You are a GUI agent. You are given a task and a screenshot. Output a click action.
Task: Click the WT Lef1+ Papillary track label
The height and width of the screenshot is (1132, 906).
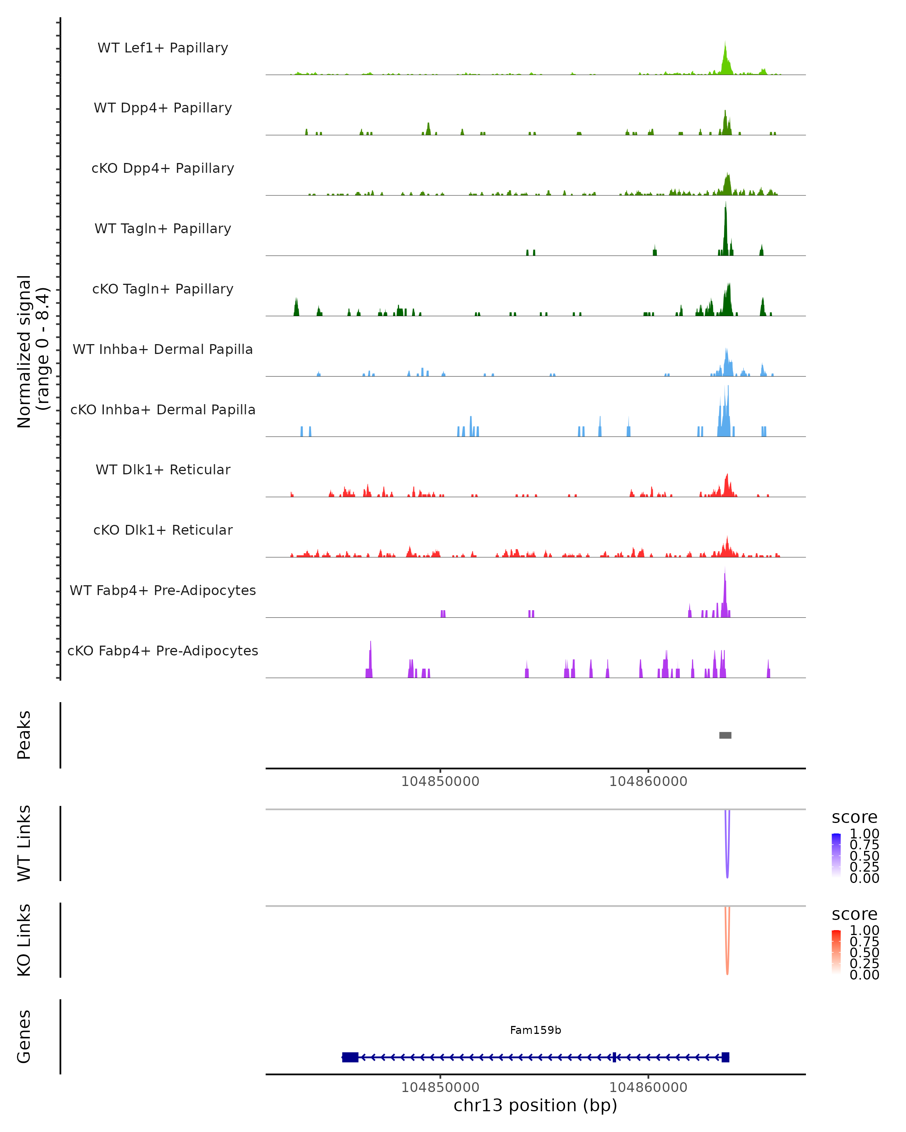163,48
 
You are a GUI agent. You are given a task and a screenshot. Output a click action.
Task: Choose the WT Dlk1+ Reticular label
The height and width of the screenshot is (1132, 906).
163,469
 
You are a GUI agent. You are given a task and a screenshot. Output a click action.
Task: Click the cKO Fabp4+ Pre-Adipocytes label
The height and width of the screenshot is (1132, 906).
163,651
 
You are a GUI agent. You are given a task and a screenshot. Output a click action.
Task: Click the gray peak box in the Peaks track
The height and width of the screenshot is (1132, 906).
725,735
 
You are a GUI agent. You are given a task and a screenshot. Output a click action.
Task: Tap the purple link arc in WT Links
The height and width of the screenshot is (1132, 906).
727,861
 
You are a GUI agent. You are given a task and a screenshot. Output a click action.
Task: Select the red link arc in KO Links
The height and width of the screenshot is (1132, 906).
727,958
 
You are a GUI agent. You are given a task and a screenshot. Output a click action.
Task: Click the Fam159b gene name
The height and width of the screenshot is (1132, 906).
535,1030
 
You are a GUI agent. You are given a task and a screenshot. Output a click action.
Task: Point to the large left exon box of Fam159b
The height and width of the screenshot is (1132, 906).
350,1057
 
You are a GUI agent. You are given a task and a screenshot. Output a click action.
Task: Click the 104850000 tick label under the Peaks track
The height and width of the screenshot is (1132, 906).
440,781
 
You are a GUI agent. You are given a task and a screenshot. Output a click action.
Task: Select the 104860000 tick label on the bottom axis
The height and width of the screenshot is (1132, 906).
648,1087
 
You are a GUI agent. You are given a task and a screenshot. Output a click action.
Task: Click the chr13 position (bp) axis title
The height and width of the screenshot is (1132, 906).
535,1105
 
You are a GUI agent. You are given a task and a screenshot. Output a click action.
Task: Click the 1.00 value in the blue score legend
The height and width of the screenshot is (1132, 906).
864,834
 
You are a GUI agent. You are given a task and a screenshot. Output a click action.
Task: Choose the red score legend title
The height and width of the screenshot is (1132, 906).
855,914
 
